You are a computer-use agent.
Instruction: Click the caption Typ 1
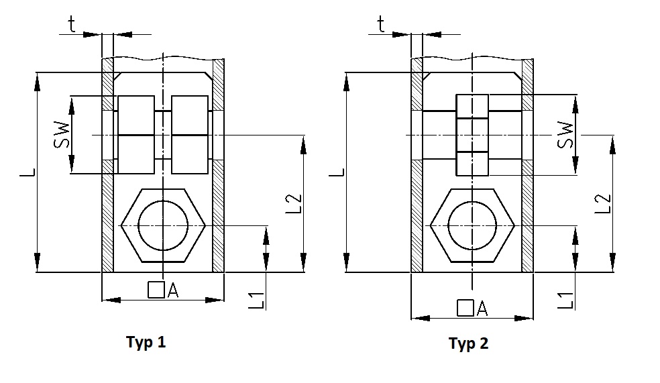click(146, 342)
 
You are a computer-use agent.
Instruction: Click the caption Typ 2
click(469, 344)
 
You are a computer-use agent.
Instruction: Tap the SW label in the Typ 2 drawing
click(565, 136)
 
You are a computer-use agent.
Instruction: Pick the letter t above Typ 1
click(72, 25)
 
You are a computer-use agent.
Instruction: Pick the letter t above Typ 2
click(381, 25)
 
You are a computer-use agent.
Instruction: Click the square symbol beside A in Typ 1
click(156, 290)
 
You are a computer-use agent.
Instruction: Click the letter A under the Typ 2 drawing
click(482, 309)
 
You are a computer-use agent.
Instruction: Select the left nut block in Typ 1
click(137, 135)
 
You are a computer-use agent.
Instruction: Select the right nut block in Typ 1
click(190, 135)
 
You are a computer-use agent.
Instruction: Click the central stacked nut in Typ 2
click(472, 135)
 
